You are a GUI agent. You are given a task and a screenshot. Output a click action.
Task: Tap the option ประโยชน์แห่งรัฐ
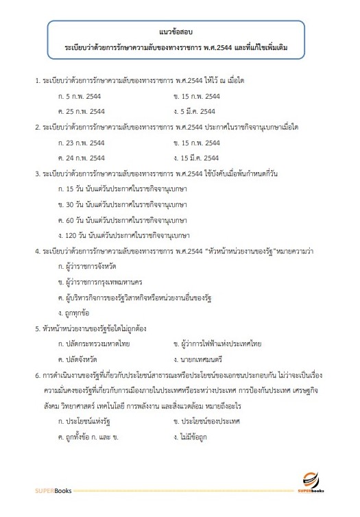click(x=87, y=420)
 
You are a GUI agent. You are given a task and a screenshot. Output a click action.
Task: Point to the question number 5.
click(x=37, y=328)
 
